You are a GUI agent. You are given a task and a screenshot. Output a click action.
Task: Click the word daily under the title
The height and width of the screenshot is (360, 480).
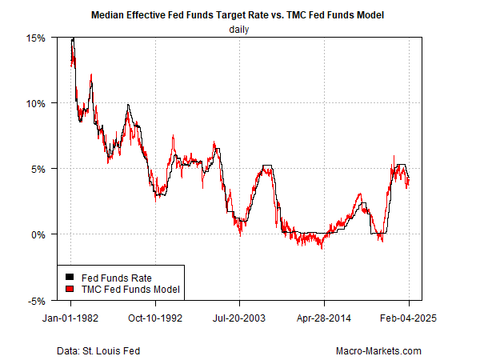coord(240,30)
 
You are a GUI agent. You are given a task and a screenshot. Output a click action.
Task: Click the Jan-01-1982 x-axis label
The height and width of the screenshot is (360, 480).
coord(71,317)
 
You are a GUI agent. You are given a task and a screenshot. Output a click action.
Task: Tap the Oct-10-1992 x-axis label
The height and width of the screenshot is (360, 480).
coord(156,317)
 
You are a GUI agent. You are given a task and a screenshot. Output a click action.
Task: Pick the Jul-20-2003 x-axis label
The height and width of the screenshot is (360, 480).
coord(240,317)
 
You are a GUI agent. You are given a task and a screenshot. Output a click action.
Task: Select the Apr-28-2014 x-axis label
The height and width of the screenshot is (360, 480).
coord(325,317)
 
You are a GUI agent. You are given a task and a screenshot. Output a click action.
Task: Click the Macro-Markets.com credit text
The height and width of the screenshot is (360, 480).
coord(380,350)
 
